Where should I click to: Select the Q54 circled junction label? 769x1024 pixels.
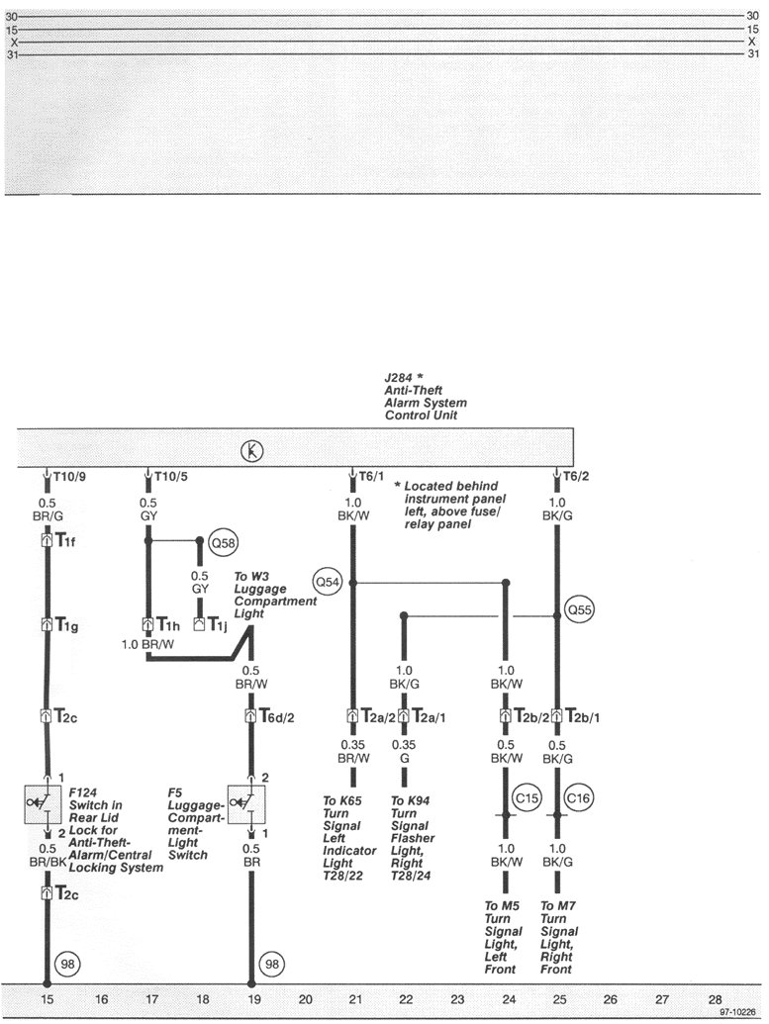[x=327, y=582]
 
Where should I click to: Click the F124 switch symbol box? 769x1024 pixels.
[x=44, y=804]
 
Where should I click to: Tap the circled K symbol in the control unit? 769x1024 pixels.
[x=252, y=452]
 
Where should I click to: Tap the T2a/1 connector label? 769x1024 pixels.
[x=427, y=715]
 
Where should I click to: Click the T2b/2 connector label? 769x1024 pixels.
[x=528, y=715]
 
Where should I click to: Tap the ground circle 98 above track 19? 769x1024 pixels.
[x=270, y=962]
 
